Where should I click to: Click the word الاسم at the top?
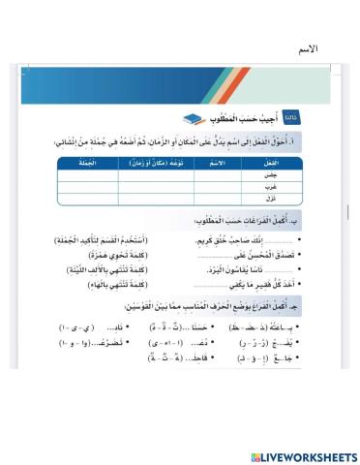(x=311, y=49)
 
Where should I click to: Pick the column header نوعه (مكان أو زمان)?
(x=152, y=164)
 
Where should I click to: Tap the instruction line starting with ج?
(x=213, y=308)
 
